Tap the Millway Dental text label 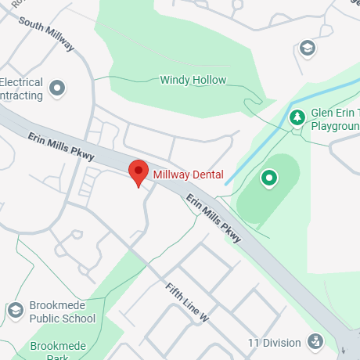[188, 174]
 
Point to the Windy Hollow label [193, 80]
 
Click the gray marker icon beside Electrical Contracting [56, 88]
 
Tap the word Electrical [21, 82]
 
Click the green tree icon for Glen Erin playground [297, 117]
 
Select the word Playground [336, 124]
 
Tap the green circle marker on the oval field [269, 179]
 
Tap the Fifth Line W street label [188, 303]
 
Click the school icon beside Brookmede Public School [15, 311]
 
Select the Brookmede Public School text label [63, 312]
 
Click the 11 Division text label [274, 343]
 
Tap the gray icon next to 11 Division [315, 341]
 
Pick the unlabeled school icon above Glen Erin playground [308, 49]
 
